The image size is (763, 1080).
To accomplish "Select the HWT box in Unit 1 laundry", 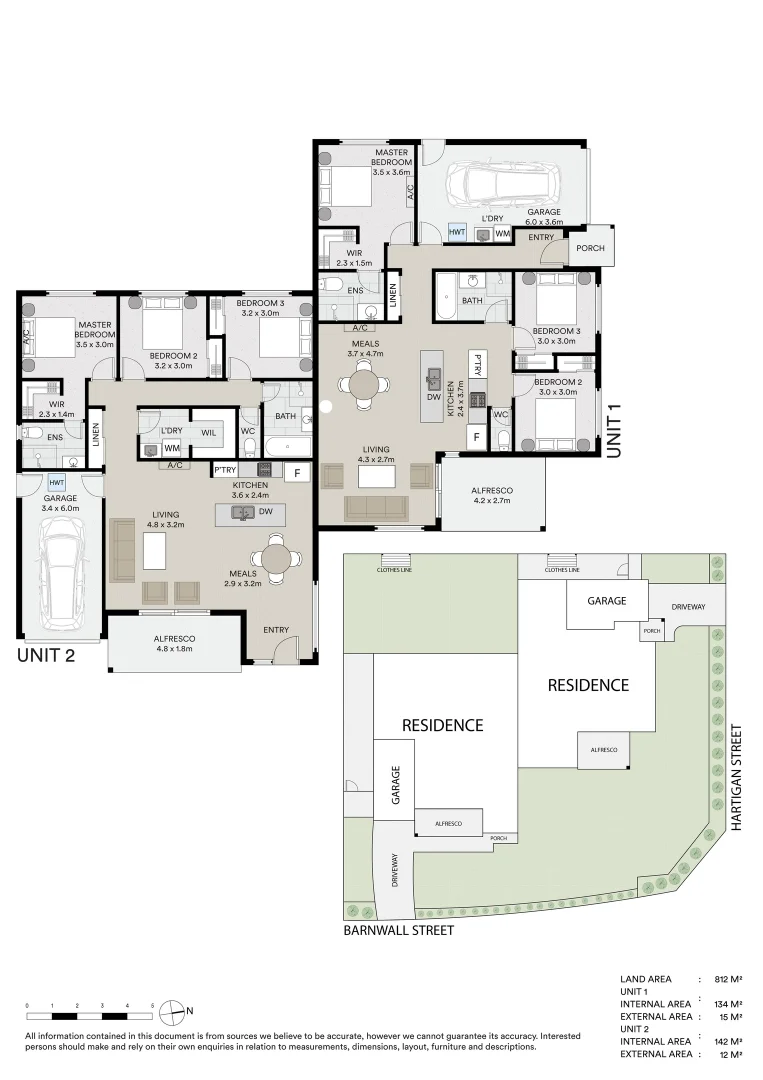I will click(x=457, y=232).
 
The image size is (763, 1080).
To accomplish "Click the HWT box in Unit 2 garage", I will click(x=56, y=483).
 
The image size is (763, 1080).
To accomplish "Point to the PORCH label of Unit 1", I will click(x=590, y=247).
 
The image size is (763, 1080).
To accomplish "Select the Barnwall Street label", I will click(x=399, y=930).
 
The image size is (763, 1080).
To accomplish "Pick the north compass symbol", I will click(x=172, y=1009).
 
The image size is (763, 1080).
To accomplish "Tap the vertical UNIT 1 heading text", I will click(x=615, y=429).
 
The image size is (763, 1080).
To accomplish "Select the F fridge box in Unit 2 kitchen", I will click(x=296, y=473).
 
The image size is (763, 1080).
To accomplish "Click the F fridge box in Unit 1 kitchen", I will click(x=476, y=436).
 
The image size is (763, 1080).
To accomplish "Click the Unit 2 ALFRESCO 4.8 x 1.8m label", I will click(x=174, y=643).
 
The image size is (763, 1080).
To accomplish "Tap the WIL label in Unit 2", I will click(x=208, y=432).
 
